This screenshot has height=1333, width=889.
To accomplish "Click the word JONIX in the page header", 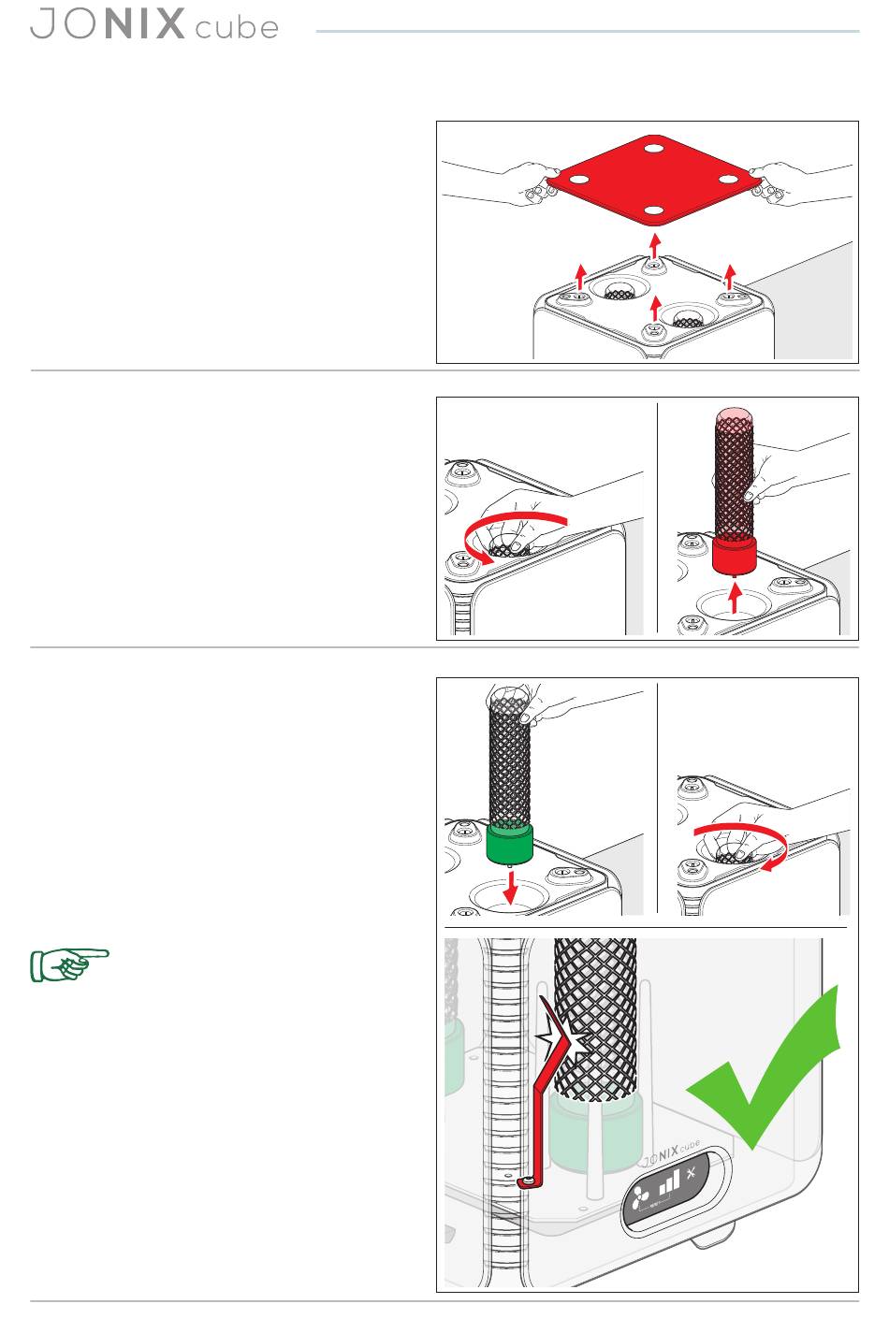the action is [108, 23].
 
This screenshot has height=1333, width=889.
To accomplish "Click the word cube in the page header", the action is [237, 28].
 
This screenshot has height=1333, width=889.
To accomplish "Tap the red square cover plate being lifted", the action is [654, 180].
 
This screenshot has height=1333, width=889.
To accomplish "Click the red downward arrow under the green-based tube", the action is [510, 888].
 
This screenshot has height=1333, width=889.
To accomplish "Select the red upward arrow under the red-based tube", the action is [736, 598].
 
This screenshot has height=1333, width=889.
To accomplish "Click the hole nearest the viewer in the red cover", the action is [654, 210].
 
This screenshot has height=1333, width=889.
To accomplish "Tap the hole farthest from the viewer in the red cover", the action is [654, 147].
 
